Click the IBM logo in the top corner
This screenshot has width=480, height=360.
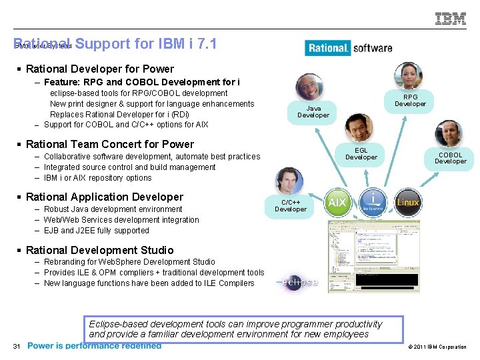[451, 19]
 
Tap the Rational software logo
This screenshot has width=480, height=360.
[349, 48]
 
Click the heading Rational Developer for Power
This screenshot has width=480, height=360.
[99, 69]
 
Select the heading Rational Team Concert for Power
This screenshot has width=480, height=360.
[109, 144]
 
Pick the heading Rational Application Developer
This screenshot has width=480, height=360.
[104, 197]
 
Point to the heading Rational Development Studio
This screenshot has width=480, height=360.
[99, 250]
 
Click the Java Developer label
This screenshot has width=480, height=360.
[313, 111]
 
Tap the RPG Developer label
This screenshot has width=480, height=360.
[410, 100]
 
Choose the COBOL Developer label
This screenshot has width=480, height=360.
[451, 158]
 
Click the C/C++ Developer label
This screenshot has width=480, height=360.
[291, 205]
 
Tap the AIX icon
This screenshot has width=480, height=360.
[337, 202]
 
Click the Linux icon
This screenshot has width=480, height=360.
[408, 202]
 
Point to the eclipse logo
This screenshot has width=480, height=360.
[297, 282]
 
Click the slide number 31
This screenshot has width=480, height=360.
[17, 345]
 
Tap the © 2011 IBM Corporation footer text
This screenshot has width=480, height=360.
[436, 347]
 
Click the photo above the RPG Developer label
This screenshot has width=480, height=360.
[408, 76]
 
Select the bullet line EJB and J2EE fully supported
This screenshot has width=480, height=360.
[96, 231]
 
